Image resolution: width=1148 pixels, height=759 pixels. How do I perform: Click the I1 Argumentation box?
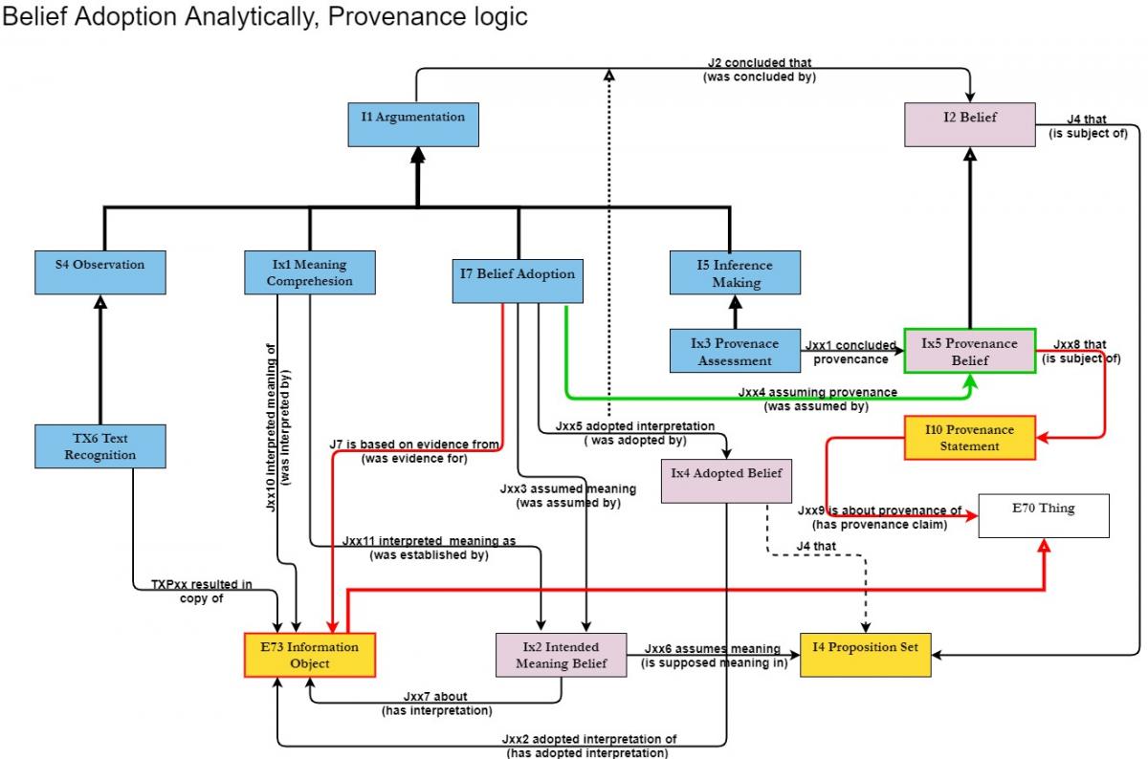point(413,124)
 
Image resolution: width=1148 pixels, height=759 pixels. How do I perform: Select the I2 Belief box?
point(970,124)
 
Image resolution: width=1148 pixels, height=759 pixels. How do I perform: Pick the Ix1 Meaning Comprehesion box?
point(309,272)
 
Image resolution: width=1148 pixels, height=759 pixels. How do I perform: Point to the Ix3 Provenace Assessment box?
point(736,352)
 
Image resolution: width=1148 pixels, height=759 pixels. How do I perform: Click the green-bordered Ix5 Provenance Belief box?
point(969,351)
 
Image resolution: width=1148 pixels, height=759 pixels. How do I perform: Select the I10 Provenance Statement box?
point(969,438)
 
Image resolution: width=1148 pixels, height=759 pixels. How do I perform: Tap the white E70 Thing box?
point(1043,515)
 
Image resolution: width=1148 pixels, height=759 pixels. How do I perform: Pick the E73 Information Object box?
point(309,655)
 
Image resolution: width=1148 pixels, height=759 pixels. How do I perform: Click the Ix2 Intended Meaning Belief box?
point(561,655)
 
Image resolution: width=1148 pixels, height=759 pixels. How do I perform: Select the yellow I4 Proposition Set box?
point(865,655)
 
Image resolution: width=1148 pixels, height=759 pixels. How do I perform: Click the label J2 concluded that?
point(759,64)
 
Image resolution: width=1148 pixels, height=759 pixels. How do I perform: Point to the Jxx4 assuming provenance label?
point(817,392)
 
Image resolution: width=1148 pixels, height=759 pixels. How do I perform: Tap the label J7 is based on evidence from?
point(414,445)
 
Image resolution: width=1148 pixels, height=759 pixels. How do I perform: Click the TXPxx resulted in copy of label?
point(201,591)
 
